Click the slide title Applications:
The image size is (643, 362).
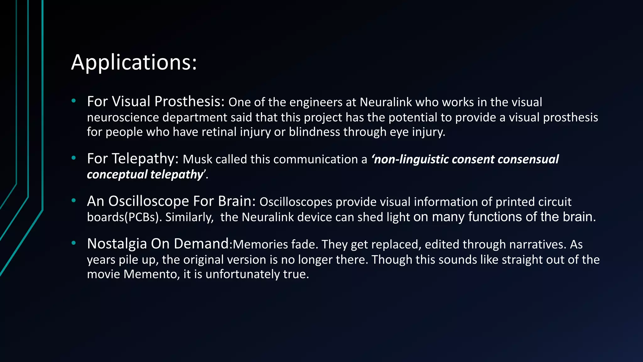(x=134, y=62)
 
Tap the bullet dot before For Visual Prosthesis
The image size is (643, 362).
(x=74, y=101)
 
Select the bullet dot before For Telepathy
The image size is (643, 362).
(x=74, y=158)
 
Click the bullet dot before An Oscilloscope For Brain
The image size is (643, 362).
(x=74, y=200)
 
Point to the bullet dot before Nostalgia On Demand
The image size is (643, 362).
(x=74, y=243)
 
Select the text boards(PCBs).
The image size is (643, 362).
(x=124, y=217)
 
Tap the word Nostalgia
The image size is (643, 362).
(x=117, y=244)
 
